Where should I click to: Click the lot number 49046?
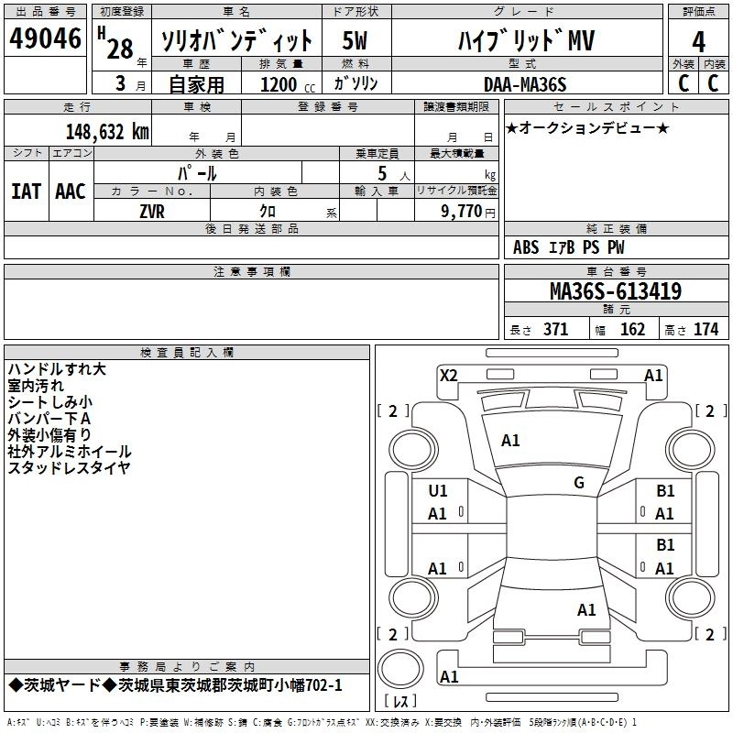(45, 38)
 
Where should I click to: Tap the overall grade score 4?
(698, 42)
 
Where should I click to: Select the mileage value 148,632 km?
(107, 132)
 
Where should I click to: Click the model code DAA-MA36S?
(525, 84)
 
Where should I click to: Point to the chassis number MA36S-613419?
(616, 291)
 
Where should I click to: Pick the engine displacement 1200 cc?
(288, 84)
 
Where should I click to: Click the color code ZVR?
(152, 212)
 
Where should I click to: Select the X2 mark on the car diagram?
(449, 376)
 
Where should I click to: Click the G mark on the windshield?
(579, 482)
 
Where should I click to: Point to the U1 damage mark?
(438, 491)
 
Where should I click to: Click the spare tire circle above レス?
(400, 669)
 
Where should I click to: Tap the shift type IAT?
(26, 191)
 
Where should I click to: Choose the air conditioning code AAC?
(71, 191)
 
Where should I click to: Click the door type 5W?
(355, 40)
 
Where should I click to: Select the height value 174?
(706, 329)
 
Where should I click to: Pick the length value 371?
(556, 329)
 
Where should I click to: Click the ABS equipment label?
(526, 247)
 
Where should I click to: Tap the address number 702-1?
(323, 685)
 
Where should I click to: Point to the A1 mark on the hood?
(510, 441)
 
